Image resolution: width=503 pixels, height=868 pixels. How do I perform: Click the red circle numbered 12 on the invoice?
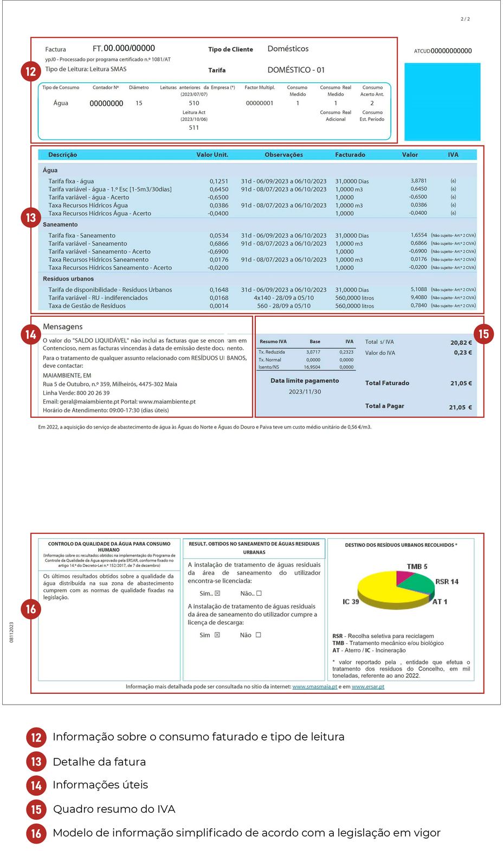pos(31,71)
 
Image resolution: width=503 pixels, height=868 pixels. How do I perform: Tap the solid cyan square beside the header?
pos(442,102)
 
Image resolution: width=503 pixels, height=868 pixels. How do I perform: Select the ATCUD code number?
pos(451,51)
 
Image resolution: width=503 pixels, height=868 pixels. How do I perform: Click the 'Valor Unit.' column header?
pos(212,155)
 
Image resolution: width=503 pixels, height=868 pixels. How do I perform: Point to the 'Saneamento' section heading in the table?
pos(60,225)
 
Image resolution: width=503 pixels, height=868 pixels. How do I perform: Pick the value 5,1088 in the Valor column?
pos(418,289)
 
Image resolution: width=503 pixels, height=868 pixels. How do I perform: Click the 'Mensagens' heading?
pos(63,327)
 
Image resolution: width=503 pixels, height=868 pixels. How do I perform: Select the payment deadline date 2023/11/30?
pos(305,392)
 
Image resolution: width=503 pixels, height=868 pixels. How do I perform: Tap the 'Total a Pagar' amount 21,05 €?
pos(460,407)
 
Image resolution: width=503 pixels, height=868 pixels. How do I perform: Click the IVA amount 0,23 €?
pos(463,353)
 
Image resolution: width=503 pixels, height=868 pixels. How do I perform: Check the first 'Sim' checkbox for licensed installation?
pos(217,593)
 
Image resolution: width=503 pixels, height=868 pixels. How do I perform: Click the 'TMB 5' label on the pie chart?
pos(417,566)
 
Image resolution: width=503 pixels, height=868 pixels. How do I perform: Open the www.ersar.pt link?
pos(368,687)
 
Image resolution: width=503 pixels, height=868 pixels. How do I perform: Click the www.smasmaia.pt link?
pos(314,687)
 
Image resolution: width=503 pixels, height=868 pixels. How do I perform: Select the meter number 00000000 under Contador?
pos(106,103)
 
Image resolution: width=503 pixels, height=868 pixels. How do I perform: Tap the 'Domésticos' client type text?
pos(288,49)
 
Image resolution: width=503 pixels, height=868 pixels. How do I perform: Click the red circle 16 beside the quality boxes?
pos(31,609)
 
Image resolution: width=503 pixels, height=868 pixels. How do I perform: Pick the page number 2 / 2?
pos(465,19)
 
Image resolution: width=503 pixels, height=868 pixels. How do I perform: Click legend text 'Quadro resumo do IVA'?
pos(114,809)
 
